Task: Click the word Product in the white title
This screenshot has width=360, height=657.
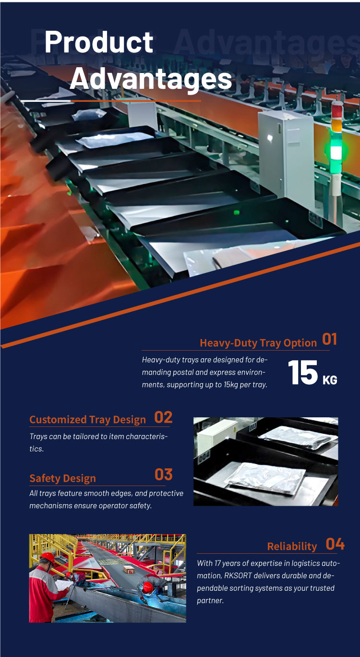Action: pyautogui.click(x=99, y=42)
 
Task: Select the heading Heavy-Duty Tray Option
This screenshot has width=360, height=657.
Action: pyautogui.click(x=258, y=342)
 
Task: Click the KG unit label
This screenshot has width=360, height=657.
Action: pyautogui.click(x=330, y=380)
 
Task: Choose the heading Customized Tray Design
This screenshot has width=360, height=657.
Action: pyautogui.click(x=88, y=420)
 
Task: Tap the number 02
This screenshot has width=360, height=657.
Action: pyautogui.click(x=164, y=417)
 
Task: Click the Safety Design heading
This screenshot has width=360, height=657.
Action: pyautogui.click(x=63, y=478)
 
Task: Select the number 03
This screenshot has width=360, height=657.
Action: pyautogui.click(x=164, y=474)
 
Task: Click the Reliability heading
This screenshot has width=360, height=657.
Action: pyautogui.click(x=292, y=546)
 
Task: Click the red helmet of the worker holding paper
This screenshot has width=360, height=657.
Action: pyautogui.click(x=48, y=557)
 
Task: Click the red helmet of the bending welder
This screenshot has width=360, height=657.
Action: pyautogui.click(x=148, y=586)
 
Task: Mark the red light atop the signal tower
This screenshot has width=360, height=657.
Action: pyautogui.click(x=337, y=109)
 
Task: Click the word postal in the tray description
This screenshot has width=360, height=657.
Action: pyautogui.click(x=183, y=373)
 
